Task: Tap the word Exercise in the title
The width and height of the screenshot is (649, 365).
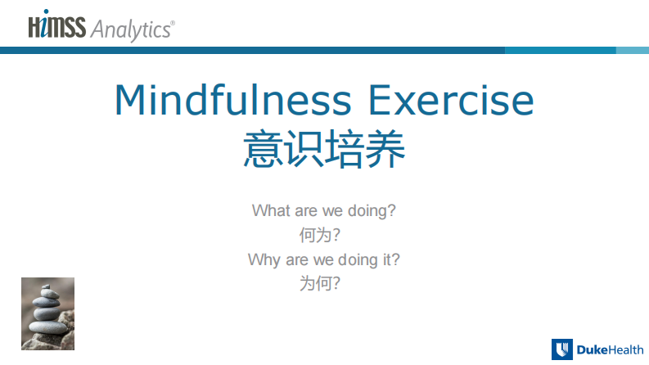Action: (x=451, y=101)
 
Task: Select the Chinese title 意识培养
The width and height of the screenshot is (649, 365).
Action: (x=324, y=149)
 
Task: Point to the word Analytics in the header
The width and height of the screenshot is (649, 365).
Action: (x=132, y=29)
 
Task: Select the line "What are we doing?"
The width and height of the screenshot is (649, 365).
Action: (x=324, y=210)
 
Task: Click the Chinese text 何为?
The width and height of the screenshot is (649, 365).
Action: (x=320, y=236)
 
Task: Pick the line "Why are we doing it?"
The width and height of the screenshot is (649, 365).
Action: (x=324, y=260)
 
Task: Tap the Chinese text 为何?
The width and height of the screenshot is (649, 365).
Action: (x=320, y=285)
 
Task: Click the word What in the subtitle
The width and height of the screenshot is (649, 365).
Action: (x=271, y=210)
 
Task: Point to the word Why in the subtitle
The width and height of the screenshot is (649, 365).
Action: (x=264, y=260)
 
